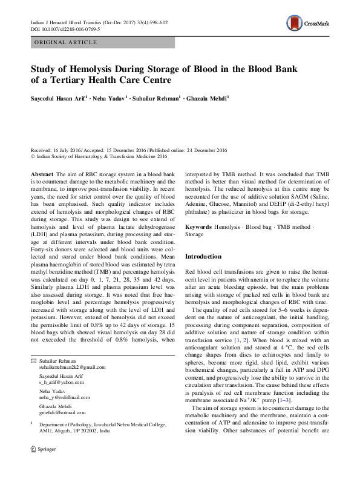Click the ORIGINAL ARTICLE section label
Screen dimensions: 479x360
click(x=66, y=42)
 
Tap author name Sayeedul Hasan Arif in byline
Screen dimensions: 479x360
click(x=59, y=97)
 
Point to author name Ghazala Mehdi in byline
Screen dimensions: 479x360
click(x=208, y=97)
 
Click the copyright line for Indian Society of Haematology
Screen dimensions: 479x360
click(x=100, y=156)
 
